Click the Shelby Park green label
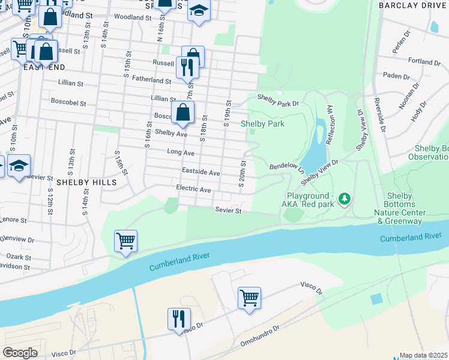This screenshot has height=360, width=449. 262,124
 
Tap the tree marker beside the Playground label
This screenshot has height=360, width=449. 344,197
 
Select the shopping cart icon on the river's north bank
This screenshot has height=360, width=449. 125,241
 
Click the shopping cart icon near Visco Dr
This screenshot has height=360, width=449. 249,297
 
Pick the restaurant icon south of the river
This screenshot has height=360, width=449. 179,319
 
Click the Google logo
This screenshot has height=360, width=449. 20,353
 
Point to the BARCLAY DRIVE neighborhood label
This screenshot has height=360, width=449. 413,5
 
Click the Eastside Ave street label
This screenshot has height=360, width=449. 201,172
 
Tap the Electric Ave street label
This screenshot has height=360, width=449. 193,189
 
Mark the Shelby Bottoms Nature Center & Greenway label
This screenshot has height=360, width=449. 399,209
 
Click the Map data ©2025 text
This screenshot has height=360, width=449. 424,355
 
